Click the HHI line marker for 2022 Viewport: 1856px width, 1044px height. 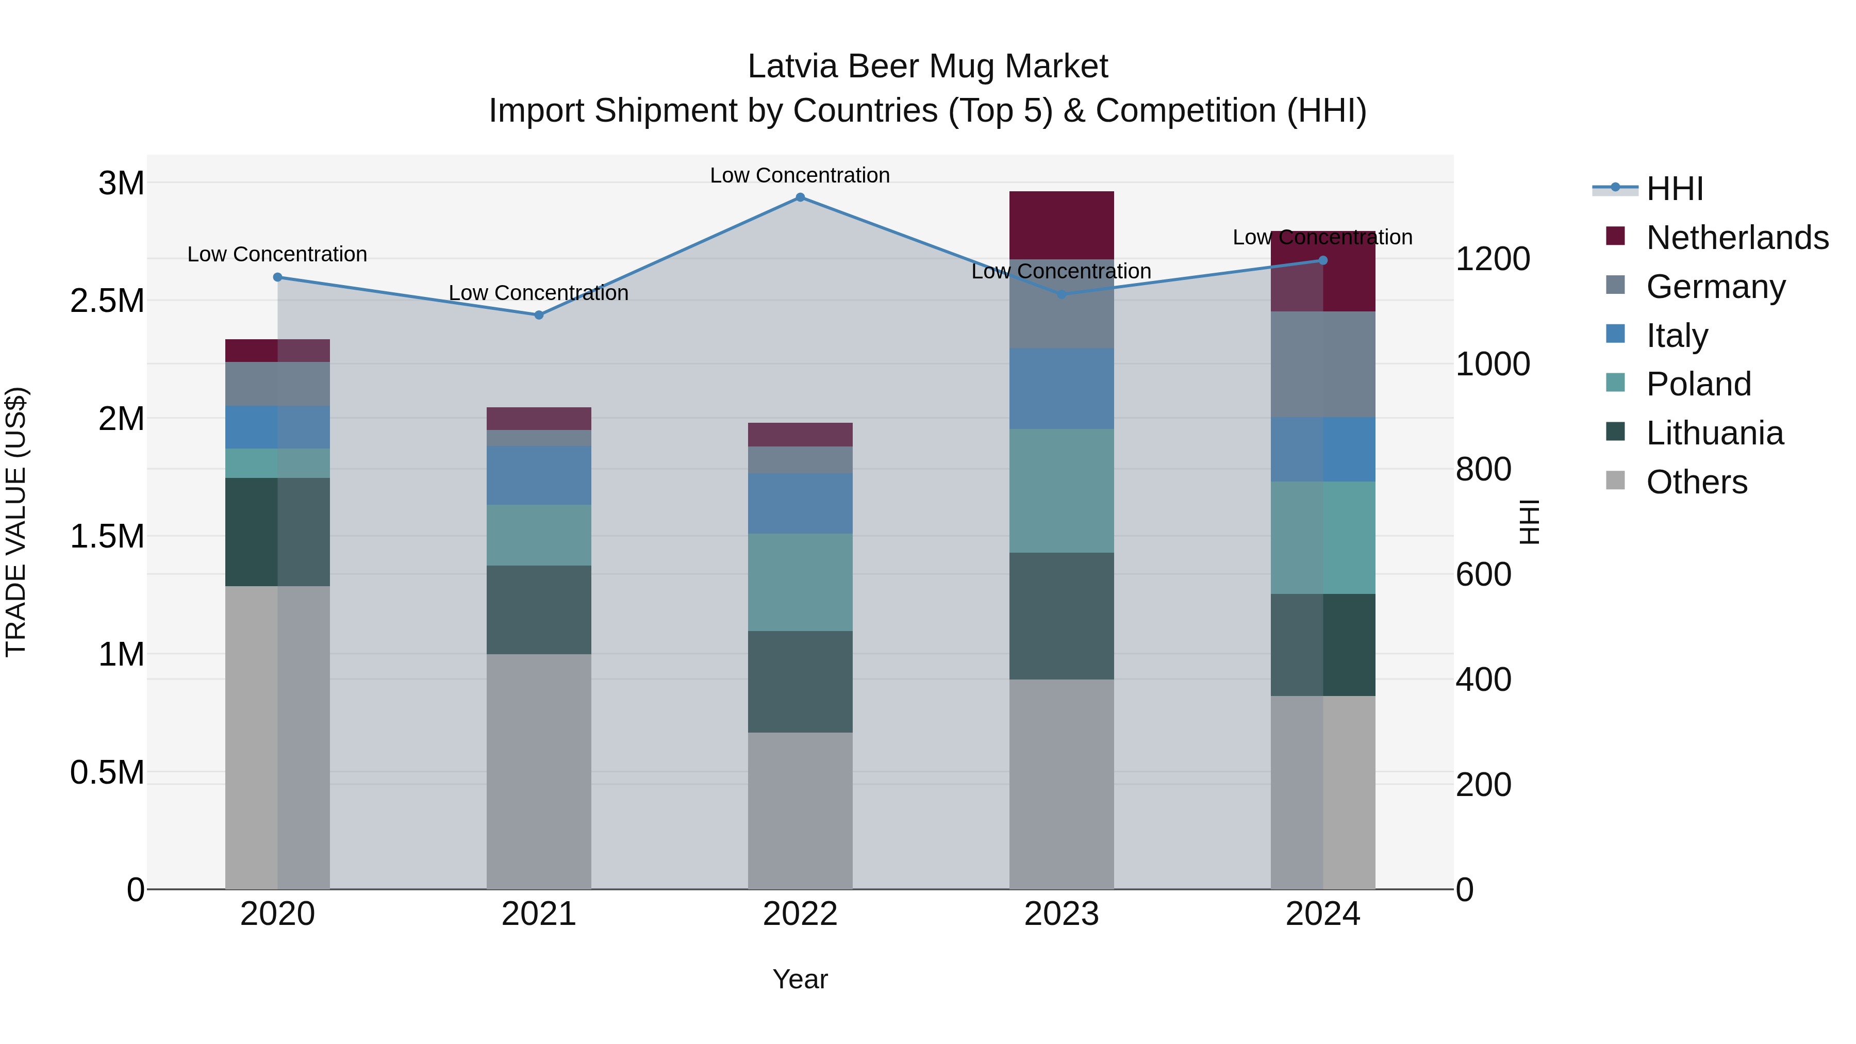click(x=800, y=197)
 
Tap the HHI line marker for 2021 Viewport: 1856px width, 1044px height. click(x=539, y=315)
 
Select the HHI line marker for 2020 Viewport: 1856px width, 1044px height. click(x=277, y=277)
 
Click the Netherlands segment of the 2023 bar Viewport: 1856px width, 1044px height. click(x=1062, y=225)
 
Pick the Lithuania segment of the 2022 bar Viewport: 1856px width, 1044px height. click(x=800, y=682)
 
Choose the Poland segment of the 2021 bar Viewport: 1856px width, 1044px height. click(x=539, y=535)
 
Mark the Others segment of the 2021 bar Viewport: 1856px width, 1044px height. click(x=539, y=771)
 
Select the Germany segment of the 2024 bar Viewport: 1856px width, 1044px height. click(x=1323, y=364)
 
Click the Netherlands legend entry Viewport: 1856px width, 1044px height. click(x=1737, y=238)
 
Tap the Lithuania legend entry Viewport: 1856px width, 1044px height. click(x=1715, y=433)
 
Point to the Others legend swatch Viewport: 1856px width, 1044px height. click(x=1615, y=480)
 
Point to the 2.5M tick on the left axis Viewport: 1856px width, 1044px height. click(x=107, y=301)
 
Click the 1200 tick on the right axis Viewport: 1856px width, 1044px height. click(x=1492, y=259)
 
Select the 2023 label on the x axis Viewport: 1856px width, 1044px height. click(x=1062, y=914)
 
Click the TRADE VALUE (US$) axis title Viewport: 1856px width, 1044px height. click(x=16, y=522)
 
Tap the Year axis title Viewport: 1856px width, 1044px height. click(x=800, y=979)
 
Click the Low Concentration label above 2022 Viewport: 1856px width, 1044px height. click(x=800, y=176)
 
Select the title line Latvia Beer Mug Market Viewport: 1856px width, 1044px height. click(x=927, y=67)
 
